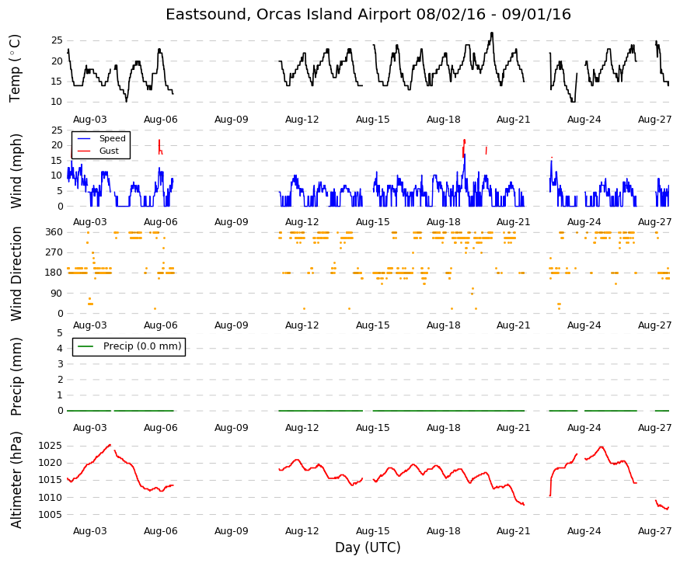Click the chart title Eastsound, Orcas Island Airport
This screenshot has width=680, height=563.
click(x=288, y=14)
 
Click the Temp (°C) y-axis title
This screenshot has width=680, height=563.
click(x=15, y=68)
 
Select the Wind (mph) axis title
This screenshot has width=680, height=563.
click(x=16, y=171)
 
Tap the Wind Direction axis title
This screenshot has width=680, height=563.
click(x=16, y=273)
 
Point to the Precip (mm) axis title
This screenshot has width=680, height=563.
click(x=16, y=376)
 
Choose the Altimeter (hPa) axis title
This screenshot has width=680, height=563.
click(x=16, y=479)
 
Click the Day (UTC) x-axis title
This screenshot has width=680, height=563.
click(x=368, y=547)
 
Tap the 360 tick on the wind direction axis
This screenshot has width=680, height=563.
click(x=54, y=232)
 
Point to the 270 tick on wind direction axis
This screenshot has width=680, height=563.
click(x=54, y=252)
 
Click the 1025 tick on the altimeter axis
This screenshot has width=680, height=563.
click(x=50, y=446)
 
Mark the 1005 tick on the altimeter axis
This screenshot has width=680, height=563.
click(x=50, y=514)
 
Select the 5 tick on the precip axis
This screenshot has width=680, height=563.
click(x=60, y=333)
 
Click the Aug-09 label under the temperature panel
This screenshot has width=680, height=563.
click(x=231, y=120)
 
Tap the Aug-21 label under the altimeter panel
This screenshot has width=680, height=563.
click(x=514, y=531)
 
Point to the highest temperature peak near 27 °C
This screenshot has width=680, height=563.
click(x=492, y=33)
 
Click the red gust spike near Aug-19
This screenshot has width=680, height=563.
click(x=464, y=147)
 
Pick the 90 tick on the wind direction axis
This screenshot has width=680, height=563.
click(x=58, y=293)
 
